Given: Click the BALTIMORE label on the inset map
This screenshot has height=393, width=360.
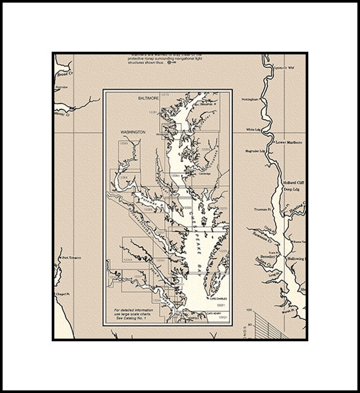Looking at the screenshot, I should (x=148, y=98).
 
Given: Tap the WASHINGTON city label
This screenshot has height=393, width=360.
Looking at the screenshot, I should (x=133, y=132).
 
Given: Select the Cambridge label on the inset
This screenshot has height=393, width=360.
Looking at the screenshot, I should (x=205, y=173).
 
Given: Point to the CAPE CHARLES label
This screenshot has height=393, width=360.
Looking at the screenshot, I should (x=218, y=299).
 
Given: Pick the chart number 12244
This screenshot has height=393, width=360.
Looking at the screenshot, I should (x=128, y=260).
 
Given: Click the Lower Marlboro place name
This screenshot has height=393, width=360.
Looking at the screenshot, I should (x=289, y=142).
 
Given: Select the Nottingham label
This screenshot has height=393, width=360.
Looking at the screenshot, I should (x=250, y=99).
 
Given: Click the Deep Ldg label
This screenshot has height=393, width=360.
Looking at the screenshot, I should (x=291, y=189).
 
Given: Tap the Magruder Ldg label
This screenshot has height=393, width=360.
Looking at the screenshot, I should (x=255, y=151).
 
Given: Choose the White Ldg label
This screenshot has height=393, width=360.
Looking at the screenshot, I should (x=253, y=130).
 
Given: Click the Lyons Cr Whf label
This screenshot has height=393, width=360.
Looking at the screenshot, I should (x=284, y=68).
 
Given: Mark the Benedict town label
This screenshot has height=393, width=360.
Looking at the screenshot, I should (x=267, y=257).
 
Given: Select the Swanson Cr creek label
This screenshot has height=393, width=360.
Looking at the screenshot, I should (x=262, y=237).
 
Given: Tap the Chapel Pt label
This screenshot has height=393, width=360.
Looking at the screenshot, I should (x=63, y=294).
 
